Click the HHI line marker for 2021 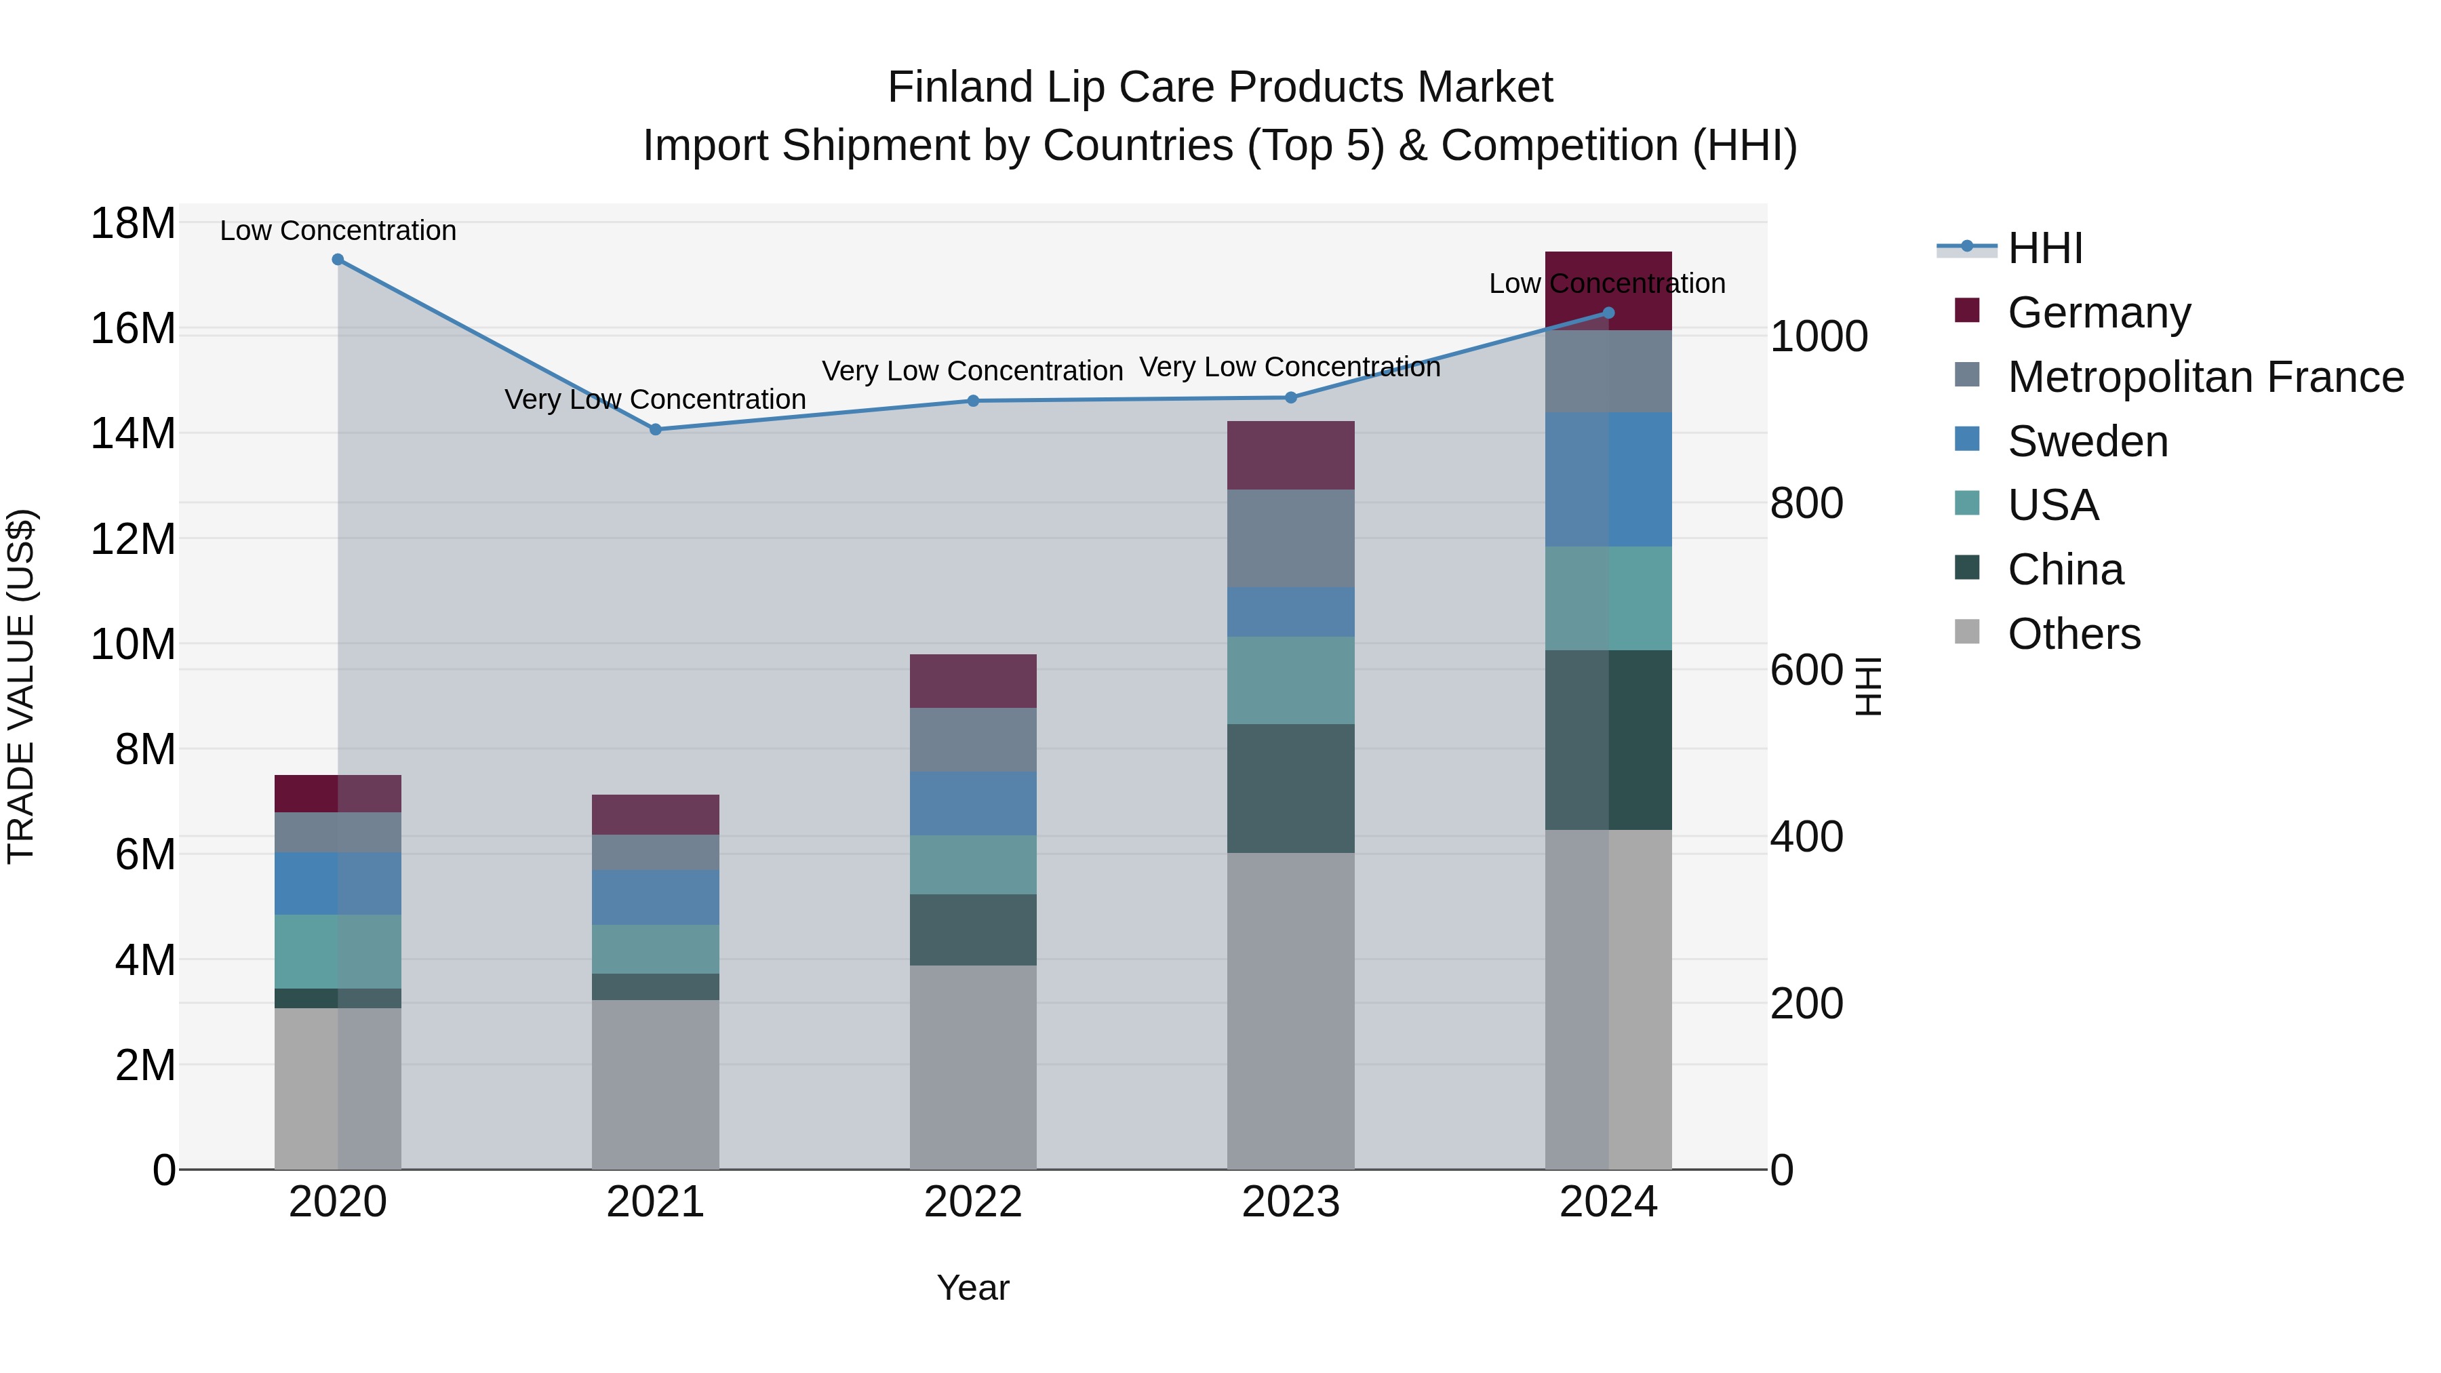tap(655, 429)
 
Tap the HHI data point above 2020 tap(338, 260)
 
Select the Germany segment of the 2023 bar tap(1290, 456)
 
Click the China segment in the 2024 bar tap(1608, 740)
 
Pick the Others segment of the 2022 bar tap(972, 1067)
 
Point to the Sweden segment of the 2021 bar tap(655, 897)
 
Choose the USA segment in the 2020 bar tap(338, 951)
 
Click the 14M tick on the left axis tap(133, 434)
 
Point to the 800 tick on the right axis tap(1806, 503)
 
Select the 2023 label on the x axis tap(1290, 1202)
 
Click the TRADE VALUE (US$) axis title tap(21, 686)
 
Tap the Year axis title tap(972, 1288)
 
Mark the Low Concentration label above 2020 tap(338, 231)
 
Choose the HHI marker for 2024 tap(1608, 313)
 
